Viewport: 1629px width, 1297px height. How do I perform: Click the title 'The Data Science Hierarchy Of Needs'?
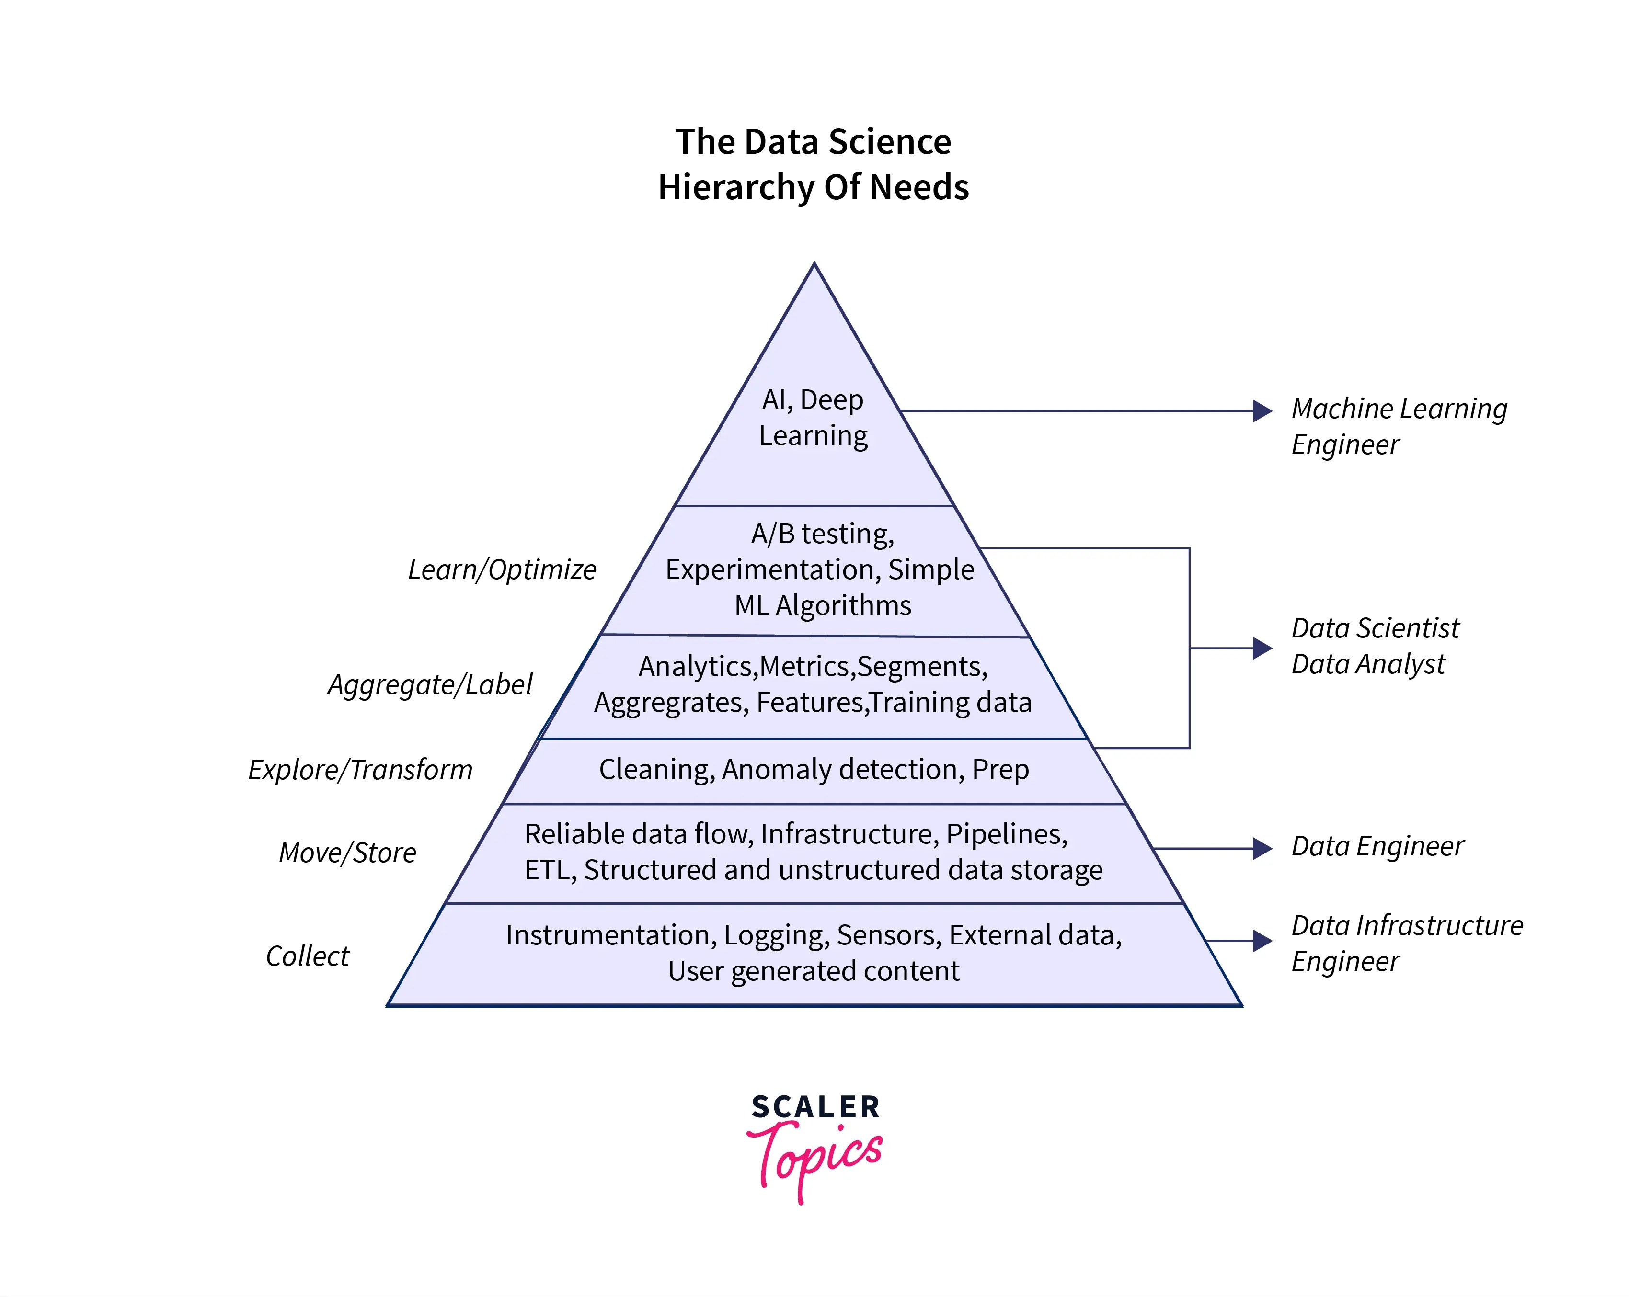pyautogui.click(x=813, y=164)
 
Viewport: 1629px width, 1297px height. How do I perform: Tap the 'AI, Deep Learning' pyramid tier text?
pyautogui.click(x=813, y=417)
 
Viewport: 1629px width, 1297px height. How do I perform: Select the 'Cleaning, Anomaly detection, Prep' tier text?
pyautogui.click(x=814, y=770)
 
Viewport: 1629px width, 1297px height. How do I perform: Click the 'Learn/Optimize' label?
pyautogui.click(x=502, y=569)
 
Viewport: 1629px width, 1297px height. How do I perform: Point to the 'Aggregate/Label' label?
pyautogui.click(x=429, y=684)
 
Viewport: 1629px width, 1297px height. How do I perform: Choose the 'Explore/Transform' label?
pyautogui.click(x=360, y=770)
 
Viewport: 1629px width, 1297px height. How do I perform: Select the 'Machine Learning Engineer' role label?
pyautogui.click(x=1399, y=426)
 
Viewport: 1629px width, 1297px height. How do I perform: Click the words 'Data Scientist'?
pyautogui.click(x=1375, y=628)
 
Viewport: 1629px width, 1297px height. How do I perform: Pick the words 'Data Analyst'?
pyautogui.click(x=1367, y=664)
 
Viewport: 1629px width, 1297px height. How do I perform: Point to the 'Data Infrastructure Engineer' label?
pyautogui.click(x=1407, y=943)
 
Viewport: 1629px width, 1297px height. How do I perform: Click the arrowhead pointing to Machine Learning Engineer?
pyautogui.click(x=1262, y=411)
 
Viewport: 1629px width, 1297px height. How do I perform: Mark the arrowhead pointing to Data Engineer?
pyautogui.click(x=1262, y=848)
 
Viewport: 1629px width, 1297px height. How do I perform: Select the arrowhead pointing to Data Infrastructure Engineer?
pyautogui.click(x=1262, y=941)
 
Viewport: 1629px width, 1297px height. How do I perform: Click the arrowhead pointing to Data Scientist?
pyautogui.click(x=1262, y=648)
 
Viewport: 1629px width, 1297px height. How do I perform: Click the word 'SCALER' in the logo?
pyautogui.click(x=815, y=1107)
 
